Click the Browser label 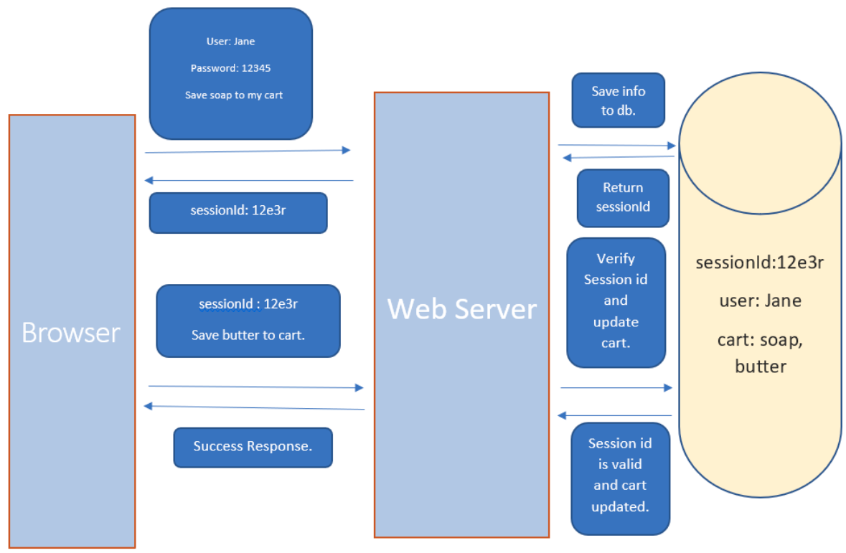71,333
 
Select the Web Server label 461,308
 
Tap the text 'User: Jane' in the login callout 230,42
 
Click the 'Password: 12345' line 230,68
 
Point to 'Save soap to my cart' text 234,95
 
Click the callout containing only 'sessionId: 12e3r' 238,212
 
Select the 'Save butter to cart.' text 248,335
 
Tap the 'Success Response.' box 253,447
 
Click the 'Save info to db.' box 618,100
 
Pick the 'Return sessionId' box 623,198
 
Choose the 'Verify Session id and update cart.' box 616,301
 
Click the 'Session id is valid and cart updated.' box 620,476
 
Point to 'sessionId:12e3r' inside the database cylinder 759,263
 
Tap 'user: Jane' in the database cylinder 760,301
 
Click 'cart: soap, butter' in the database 760,353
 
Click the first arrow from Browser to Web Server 247,151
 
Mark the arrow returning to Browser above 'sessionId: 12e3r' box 248,180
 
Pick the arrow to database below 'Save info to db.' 616,146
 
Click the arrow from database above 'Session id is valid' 615,415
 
